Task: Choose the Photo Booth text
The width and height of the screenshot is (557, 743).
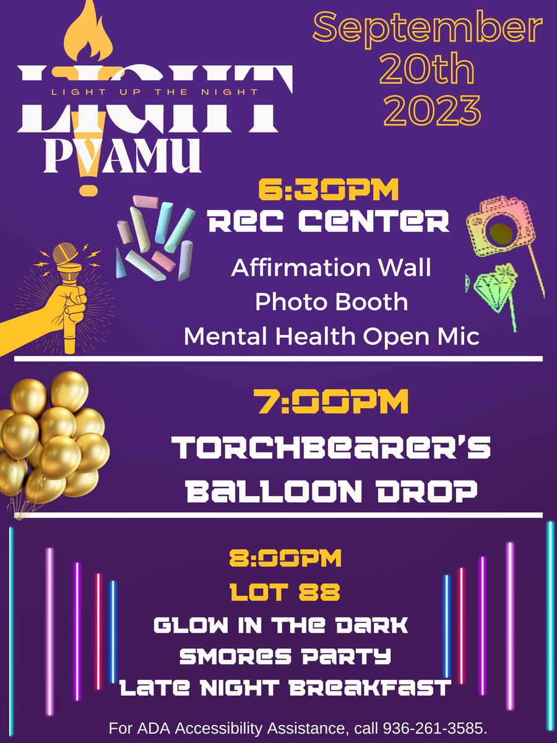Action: [332, 302]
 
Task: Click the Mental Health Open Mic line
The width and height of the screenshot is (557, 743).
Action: [332, 336]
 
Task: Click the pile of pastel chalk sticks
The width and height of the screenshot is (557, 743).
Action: [155, 238]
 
